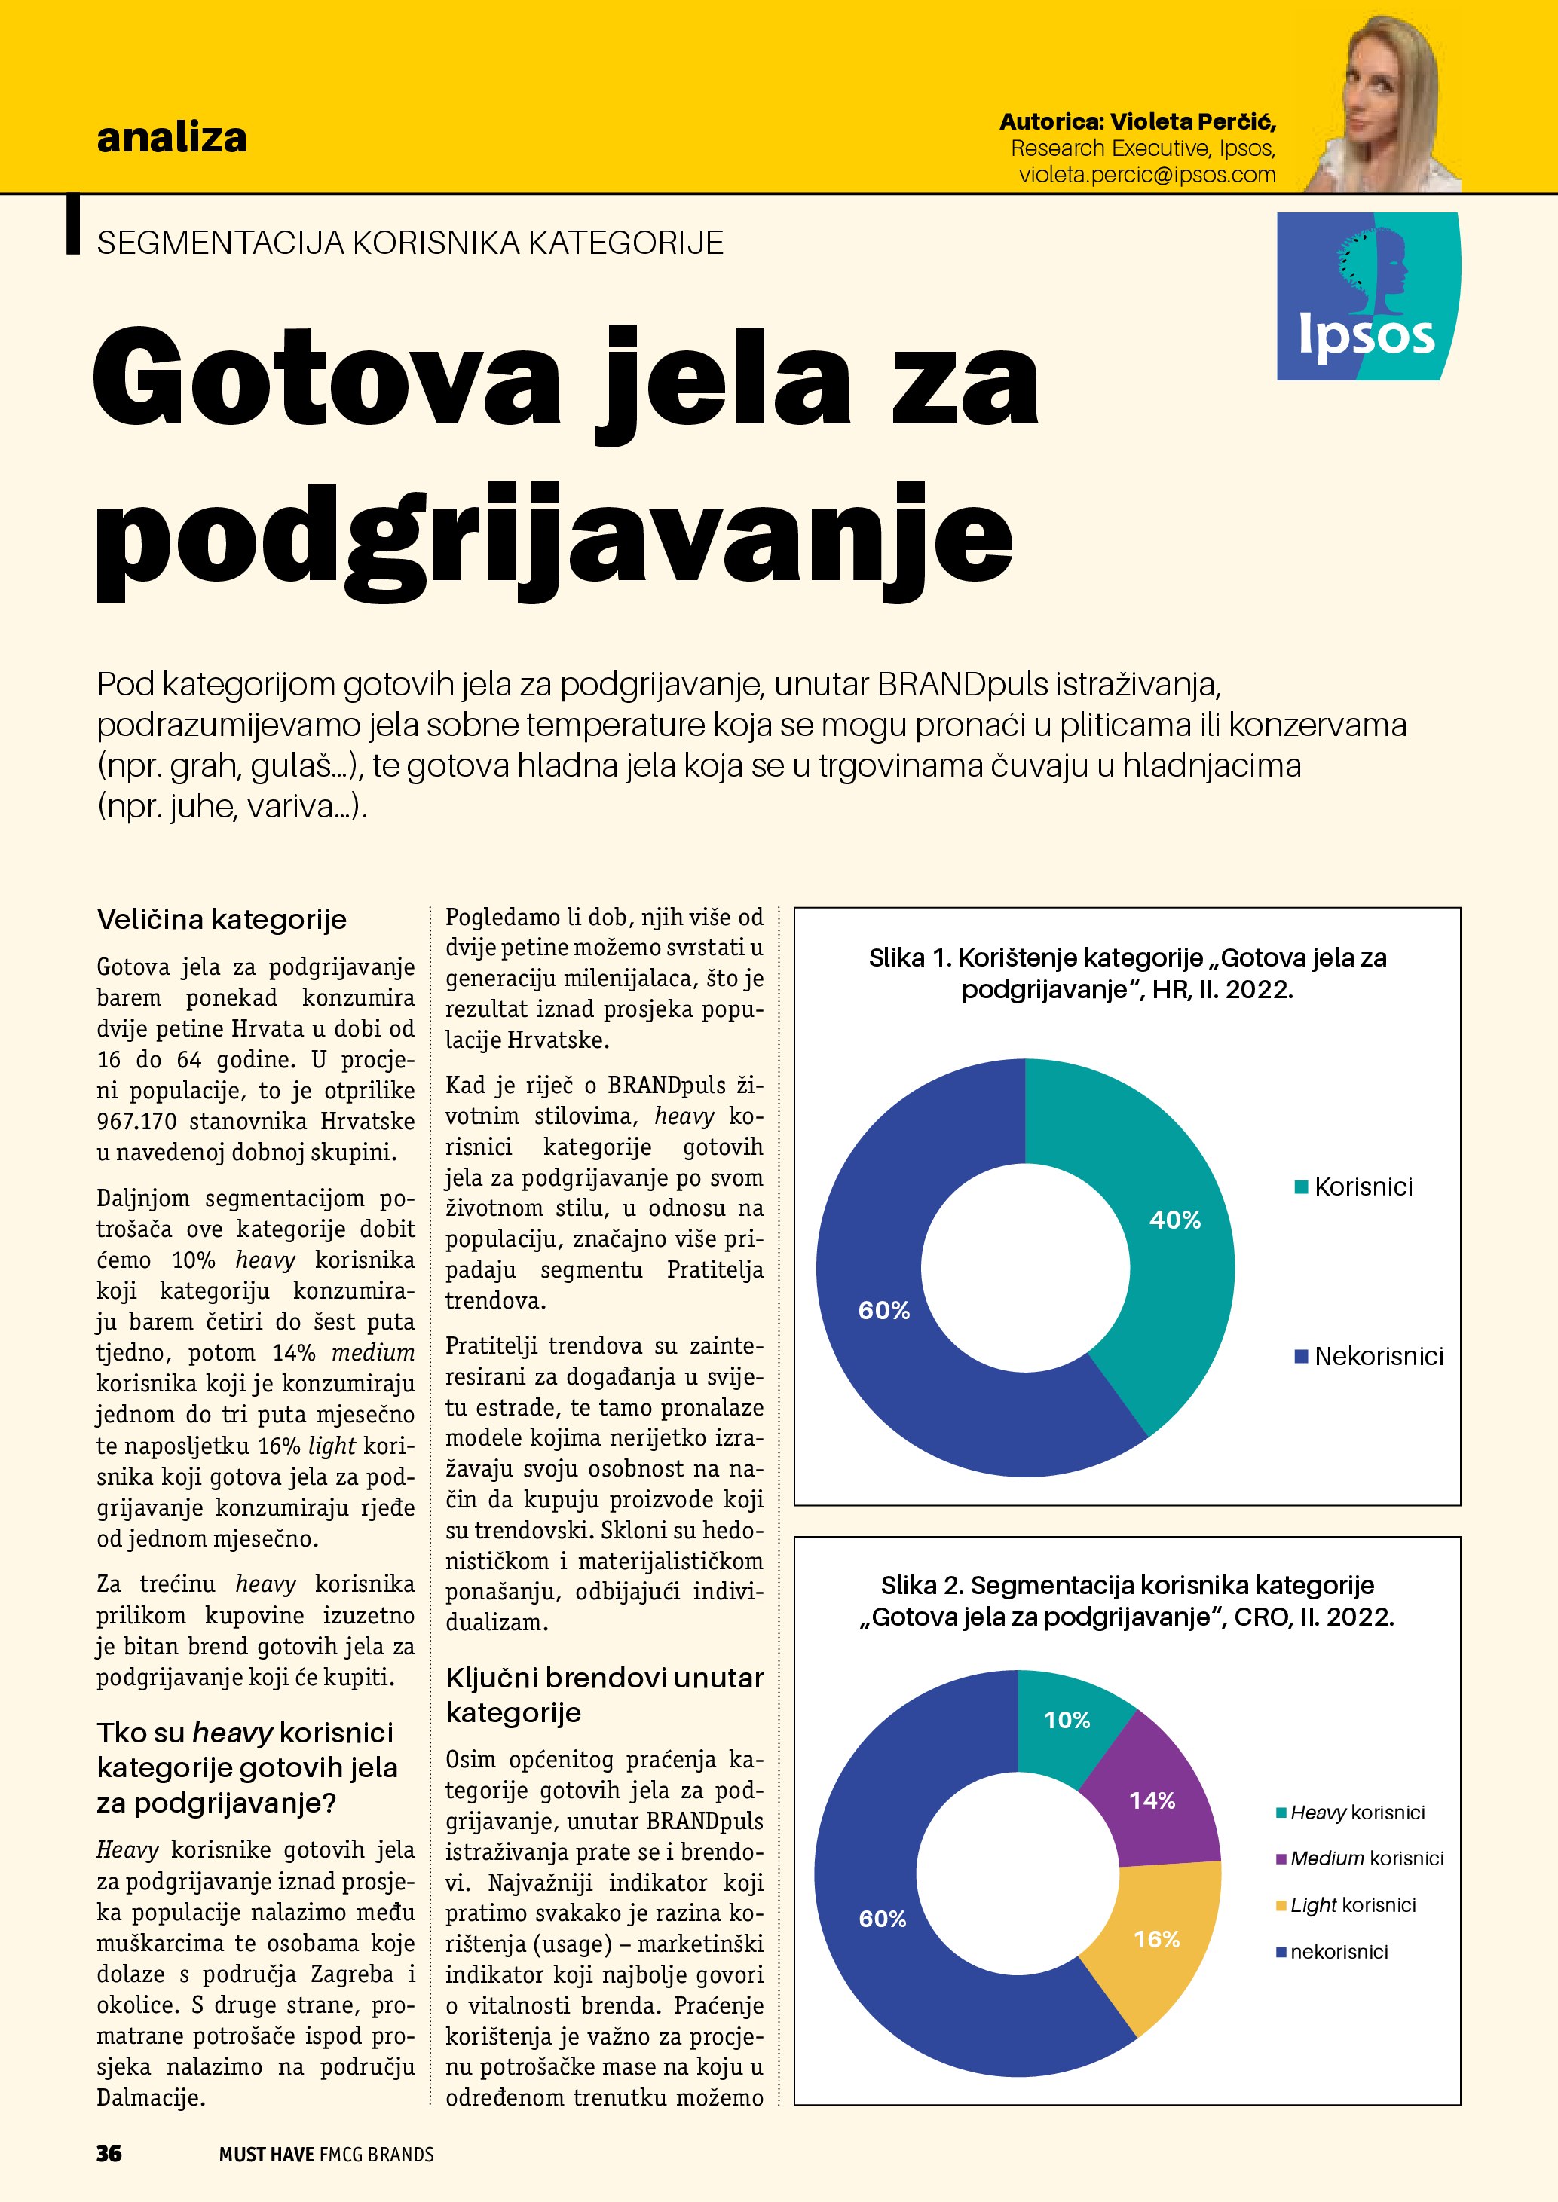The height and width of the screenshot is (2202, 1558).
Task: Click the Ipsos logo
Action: coord(1368,296)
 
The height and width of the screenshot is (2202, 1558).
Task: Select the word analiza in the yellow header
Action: coord(172,138)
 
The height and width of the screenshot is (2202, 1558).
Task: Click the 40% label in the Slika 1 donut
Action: coord(1174,1220)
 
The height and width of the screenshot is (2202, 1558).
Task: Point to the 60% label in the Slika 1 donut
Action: coord(883,1310)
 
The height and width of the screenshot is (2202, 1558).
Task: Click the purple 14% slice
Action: coord(1152,1801)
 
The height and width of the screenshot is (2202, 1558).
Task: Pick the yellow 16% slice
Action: coord(1157,1939)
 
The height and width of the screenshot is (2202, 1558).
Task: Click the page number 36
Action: coord(109,2153)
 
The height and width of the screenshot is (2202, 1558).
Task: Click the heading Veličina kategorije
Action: coord(222,920)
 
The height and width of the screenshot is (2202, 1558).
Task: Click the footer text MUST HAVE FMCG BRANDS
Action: coord(326,2154)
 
